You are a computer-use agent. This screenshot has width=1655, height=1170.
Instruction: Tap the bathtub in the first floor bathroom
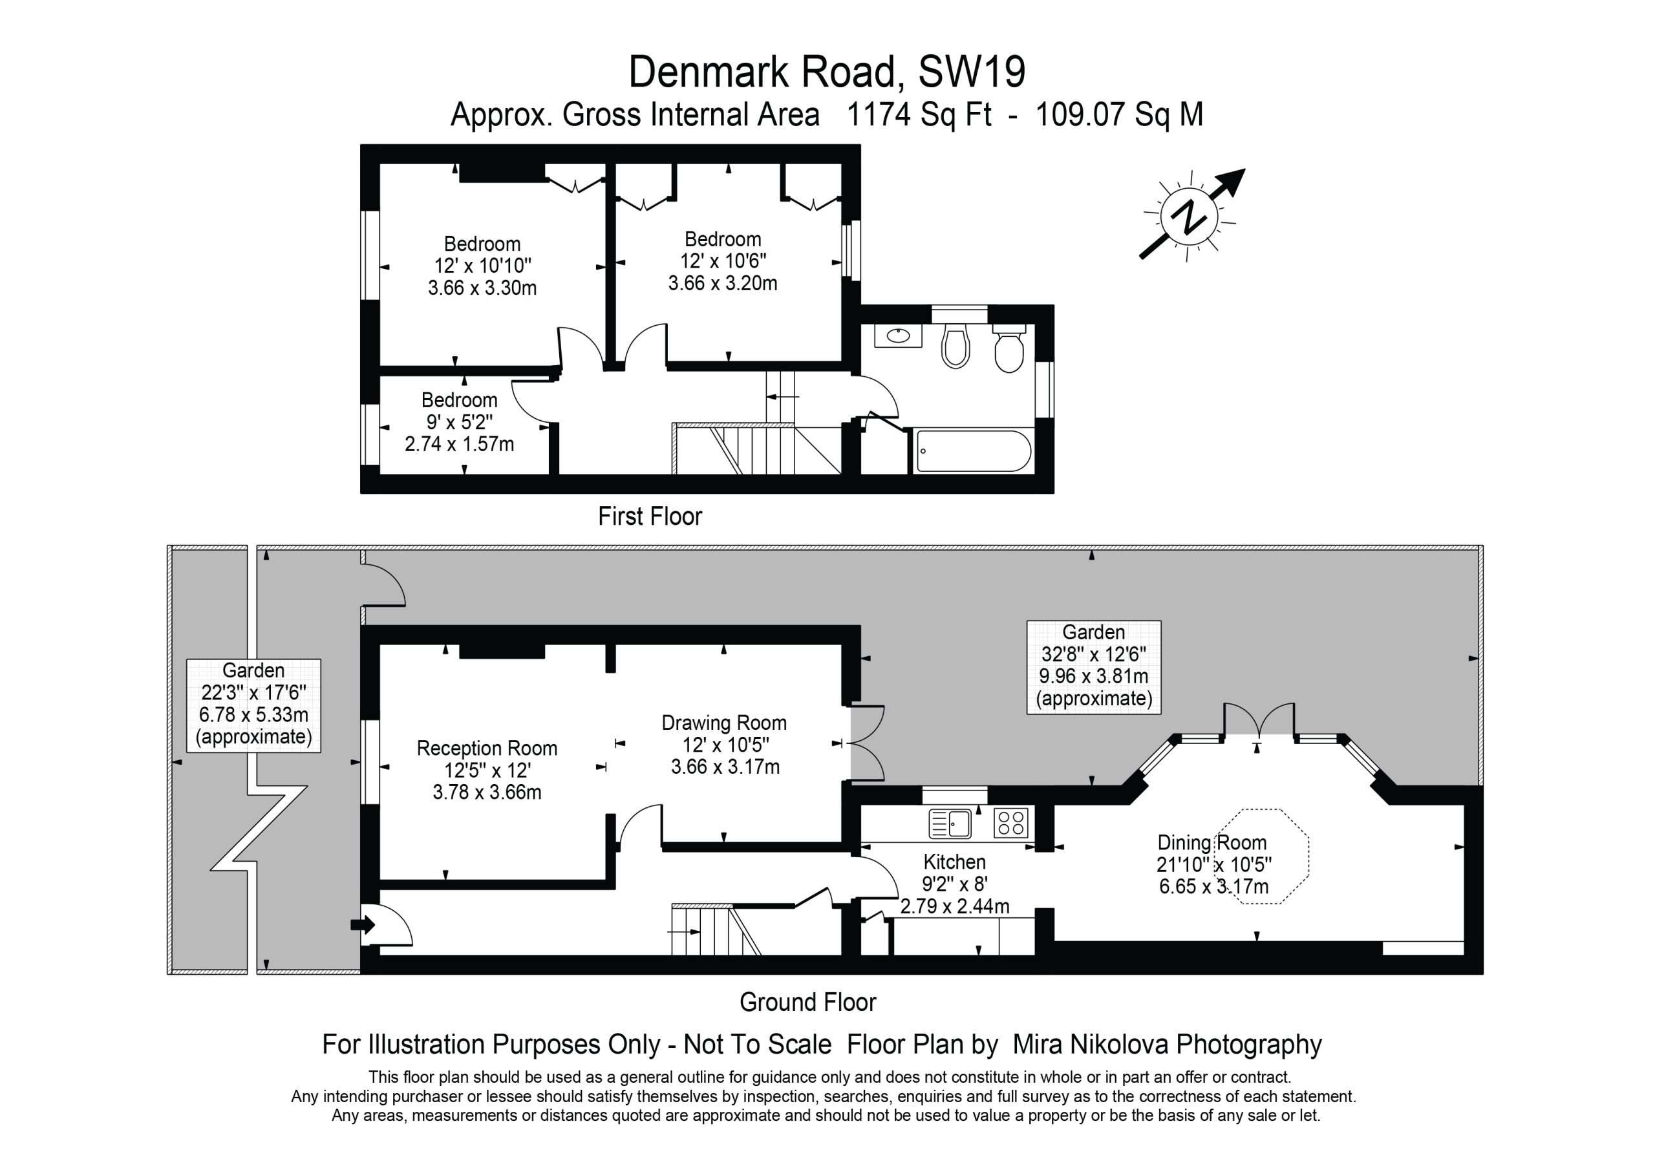click(x=974, y=451)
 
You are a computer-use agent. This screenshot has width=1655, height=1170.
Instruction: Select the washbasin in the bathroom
click(x=898, y=335)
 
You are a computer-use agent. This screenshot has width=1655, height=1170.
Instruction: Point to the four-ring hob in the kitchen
click(x=1010, y=822)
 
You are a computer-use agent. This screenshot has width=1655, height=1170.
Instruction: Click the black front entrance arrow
click(x=363, y=925)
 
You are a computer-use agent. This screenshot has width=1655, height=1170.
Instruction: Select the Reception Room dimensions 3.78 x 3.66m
click(x=487, y=792)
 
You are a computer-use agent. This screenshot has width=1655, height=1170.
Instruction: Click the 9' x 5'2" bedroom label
click(x=459, y=421)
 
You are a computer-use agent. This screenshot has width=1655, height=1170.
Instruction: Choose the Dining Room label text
click(x=1212, y=842)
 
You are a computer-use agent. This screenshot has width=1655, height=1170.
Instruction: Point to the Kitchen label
click(x=954, y=862)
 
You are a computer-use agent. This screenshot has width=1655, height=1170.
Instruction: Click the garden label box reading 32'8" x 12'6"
click(x=1093, y=667)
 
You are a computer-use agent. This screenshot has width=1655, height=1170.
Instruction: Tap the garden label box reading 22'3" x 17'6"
click(x=253, y=705)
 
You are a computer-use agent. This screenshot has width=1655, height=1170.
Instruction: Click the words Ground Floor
click(x=808, y=1002)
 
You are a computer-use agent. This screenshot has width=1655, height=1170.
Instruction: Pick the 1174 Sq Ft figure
click(x=919, y=114)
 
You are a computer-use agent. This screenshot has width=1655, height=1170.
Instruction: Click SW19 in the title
click(x=971, y=72)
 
